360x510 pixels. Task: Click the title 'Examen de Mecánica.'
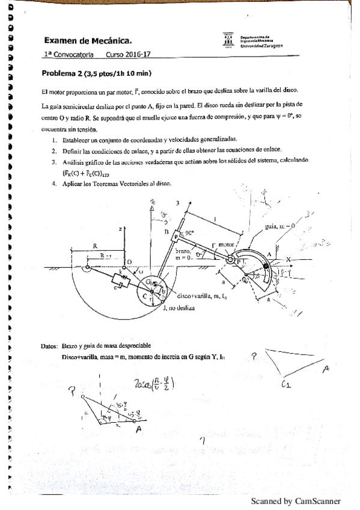pyautogui.click(x=88, y=41)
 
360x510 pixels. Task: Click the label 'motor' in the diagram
pyautogui.click(x=225, y=245)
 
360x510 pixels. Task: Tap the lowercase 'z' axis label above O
pyautogui.click(x=121, y=229)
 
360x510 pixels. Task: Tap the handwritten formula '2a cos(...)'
pyautogui.click(x=156, y=384)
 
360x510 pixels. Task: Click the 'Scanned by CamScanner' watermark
pyautogui.click(x=295, y=500)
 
